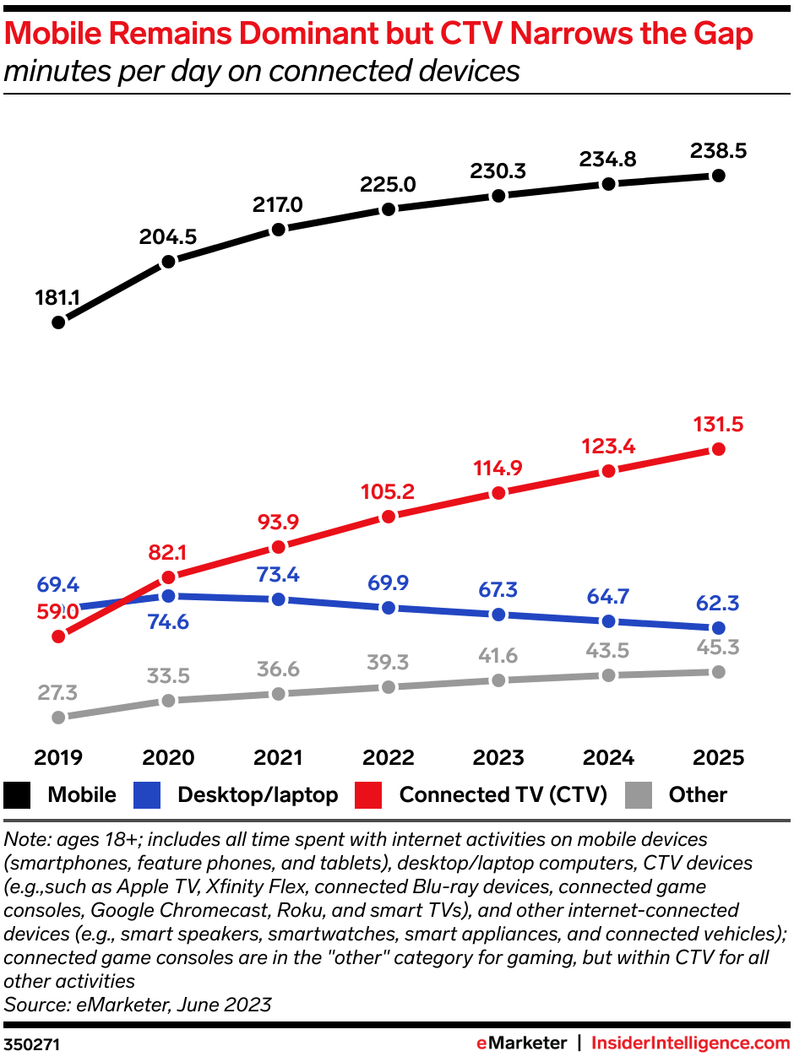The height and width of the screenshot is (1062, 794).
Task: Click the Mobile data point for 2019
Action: point(58,322)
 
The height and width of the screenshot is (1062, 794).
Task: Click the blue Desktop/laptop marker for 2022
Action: point(389,608)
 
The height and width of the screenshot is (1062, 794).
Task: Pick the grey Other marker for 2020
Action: point(168,700)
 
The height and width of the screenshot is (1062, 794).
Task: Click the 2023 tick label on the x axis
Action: point(498,757)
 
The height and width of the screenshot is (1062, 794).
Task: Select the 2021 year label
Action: point(278,757)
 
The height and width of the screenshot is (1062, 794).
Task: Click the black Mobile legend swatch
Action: point(19,794)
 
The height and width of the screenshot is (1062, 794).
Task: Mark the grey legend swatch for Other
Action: point(639,794)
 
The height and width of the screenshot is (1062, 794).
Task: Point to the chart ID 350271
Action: point(32,1044)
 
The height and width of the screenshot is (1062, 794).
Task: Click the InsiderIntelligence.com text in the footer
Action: point(690,1043)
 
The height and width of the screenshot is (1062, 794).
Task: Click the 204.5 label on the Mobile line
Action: point(168,237)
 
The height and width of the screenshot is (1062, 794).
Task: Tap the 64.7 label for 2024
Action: point(608,597)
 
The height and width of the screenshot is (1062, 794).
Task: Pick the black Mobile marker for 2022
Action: point(389,209)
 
